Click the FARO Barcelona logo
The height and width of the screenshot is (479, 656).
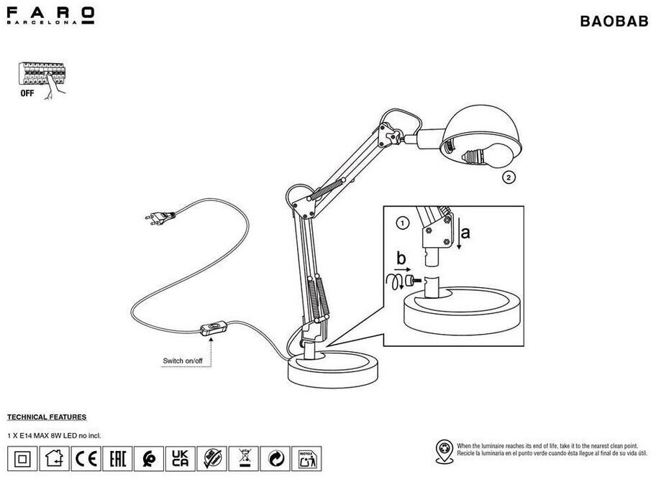tap(50, 15)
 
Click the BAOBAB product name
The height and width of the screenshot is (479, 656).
tap(613, 22)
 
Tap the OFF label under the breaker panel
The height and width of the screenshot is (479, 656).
tap(27, 93)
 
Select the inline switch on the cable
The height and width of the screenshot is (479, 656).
tap(211, 330)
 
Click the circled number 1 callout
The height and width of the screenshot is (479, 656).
tap(403, 223)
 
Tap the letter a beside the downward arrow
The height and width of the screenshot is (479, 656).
tap(465, 233)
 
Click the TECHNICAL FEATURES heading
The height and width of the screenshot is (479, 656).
tap(47, 417)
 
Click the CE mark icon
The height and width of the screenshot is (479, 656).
tap(86, 457)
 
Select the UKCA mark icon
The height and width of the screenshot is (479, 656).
tap(181, 457)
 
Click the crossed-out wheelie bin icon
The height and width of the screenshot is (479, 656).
tap(243, 457)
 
